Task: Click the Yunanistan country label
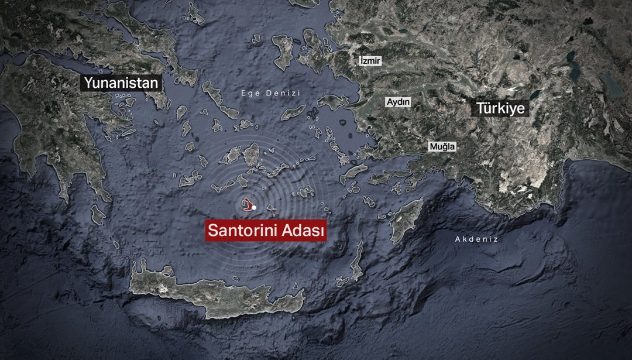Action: click(x=121, y=83)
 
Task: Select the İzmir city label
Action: click(x=370, y=60)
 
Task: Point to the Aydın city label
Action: click(x=399, y=102)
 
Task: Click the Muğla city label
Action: click(x=442, y=146)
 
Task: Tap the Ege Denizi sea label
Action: click(x=271, y=93)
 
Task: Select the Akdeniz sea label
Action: click(x=476, y=239)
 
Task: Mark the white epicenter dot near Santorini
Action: click(x=254, y=208)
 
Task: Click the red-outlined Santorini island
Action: click(x=249, y=204)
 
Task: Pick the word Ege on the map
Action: click(x=250, y=93)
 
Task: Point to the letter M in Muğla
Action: click(x=433, y=146)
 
